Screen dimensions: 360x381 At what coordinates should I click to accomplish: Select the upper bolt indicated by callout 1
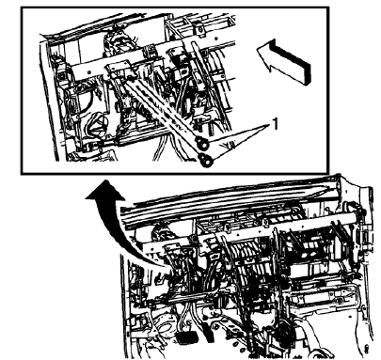coord(200,144)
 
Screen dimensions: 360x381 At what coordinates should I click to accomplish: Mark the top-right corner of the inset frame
coord(330,8)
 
